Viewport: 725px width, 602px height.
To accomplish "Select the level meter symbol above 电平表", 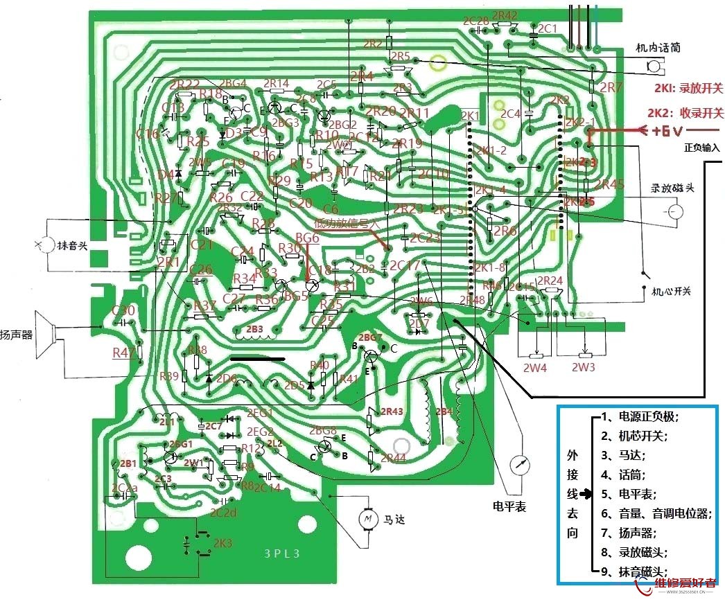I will coord(517,466).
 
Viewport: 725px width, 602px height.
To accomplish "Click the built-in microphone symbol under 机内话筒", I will coord(652,66).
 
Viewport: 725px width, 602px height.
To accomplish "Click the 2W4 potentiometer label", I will coord(535,368).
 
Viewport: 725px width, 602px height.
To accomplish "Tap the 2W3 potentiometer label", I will coord(583,368).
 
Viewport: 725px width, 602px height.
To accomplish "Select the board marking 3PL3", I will coord(283,554).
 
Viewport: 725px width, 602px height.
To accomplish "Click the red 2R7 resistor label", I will coord(611,87).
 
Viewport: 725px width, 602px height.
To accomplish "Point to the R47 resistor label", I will coord(123,353).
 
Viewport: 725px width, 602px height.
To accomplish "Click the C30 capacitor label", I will coord(123,311).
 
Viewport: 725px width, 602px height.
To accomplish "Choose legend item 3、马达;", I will coord(622,455).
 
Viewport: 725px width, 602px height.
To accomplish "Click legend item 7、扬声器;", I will coord(627,533).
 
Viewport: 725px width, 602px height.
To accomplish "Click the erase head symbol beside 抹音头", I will coord(46,245).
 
